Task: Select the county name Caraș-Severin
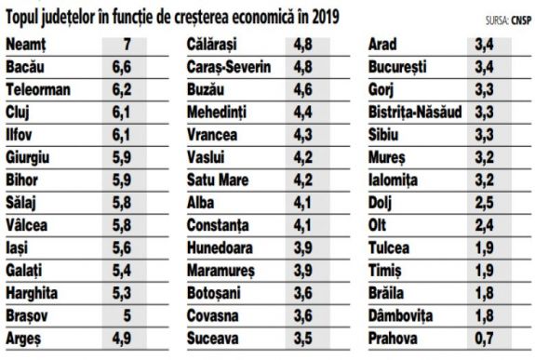click(x=230, y=69)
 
